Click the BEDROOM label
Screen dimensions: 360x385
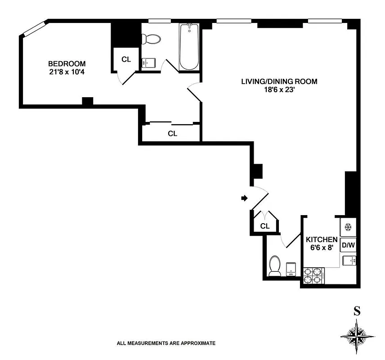coord(67,63)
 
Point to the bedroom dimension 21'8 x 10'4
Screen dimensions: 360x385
coord(67,72)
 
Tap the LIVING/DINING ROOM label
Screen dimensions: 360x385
coord(279,81)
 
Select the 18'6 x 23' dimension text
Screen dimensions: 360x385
coord(279,90)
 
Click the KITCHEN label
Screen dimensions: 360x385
coord(322,239)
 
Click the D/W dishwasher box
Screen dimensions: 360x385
coord(348,245)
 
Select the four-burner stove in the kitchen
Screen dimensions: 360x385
coord(313,275)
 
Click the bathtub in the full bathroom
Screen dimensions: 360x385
coord(188,47)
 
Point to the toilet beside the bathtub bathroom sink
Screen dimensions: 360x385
coord(153,39)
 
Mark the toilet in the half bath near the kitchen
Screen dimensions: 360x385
coord(274,266)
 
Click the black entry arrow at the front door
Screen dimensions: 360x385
coord(244,198)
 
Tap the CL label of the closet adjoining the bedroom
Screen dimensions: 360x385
coord(126,59)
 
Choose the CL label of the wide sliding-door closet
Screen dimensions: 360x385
coord(173,134)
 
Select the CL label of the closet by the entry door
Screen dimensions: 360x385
coord(265,226)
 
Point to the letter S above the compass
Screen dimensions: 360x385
coord(357,310)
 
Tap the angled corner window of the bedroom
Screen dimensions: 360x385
coord(34,28)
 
